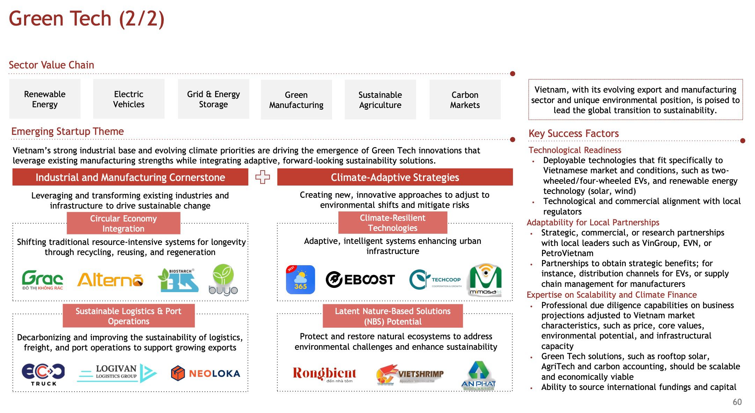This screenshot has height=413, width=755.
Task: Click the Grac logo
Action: click(43, 280)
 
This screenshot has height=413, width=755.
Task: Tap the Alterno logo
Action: click(110, 280)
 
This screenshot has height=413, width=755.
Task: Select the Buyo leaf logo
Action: click(223, 280)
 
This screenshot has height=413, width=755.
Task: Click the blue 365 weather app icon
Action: click(300, 280)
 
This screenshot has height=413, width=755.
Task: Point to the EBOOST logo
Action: click(360, 280)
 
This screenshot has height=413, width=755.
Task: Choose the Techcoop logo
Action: click(435, 280)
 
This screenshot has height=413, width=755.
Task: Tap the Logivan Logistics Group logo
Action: click(117, 373)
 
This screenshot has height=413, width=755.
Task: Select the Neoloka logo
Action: click(205, 374)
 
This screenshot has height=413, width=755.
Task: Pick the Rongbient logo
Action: click(324, 374)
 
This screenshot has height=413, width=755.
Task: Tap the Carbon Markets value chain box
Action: click(465, 100)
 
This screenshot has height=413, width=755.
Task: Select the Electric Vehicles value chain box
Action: click(129, 99)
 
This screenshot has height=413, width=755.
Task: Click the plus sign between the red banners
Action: click(263, 177)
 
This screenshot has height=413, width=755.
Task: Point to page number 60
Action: click(737, 402)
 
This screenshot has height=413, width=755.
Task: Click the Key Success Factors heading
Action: click(573, 133)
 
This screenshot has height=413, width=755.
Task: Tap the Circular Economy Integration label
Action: click(123, 223)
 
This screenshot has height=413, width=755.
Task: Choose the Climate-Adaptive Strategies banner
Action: click(395, 177)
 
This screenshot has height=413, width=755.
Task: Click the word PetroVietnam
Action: click(567, 253)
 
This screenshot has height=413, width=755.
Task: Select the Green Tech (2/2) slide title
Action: click(86, 19)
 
